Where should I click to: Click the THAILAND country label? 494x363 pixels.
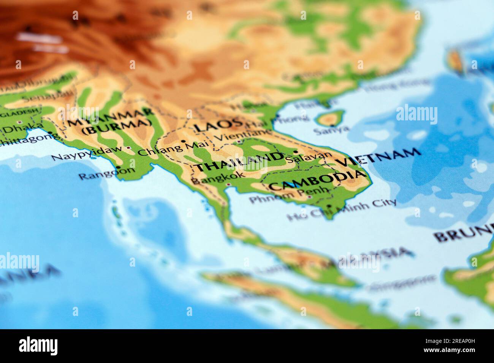tap(239, 162)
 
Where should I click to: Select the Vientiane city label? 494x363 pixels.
tap(243, 135)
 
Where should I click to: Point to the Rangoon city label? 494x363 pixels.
tap(106, 173)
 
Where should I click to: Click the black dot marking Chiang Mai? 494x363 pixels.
tap(184, 141)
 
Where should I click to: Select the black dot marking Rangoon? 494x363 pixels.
tap(119, 167)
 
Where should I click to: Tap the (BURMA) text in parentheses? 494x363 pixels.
tap(116, 126)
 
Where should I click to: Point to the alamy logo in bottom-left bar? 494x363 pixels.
tap(38, 346)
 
